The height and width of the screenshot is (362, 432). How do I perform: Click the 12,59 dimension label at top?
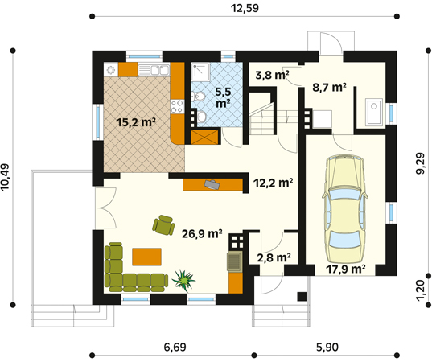(x=245, y=8)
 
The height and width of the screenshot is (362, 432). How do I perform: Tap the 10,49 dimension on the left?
(x=6, y=177)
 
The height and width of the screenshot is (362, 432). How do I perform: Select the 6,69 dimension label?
(x=175, y=347)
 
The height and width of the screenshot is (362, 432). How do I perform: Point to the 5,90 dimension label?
(x=327, y=347)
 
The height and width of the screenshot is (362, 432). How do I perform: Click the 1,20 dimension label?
(x=422, y=291)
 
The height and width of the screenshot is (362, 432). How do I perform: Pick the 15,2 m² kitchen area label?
(x=136, y=122)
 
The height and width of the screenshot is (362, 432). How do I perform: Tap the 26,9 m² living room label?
(x=202, y=234)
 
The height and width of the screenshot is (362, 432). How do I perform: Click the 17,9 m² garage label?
(x=345, y=269)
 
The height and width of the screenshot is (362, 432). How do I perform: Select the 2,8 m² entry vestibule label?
(x=274, y=257)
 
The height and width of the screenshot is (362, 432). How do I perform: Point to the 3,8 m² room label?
(x=272, y=75)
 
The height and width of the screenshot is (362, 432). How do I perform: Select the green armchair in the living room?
(x=163, y=225)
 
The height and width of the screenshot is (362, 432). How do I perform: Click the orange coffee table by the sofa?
(x=146, y=257)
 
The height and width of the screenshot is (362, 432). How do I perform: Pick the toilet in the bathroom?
(x=200, y=97)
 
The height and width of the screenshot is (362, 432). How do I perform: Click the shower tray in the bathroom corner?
(x=200, y=72)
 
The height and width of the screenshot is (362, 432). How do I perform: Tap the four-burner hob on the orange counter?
(x=177, y=107)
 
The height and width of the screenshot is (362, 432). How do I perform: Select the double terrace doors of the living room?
(x=106, y=208)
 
